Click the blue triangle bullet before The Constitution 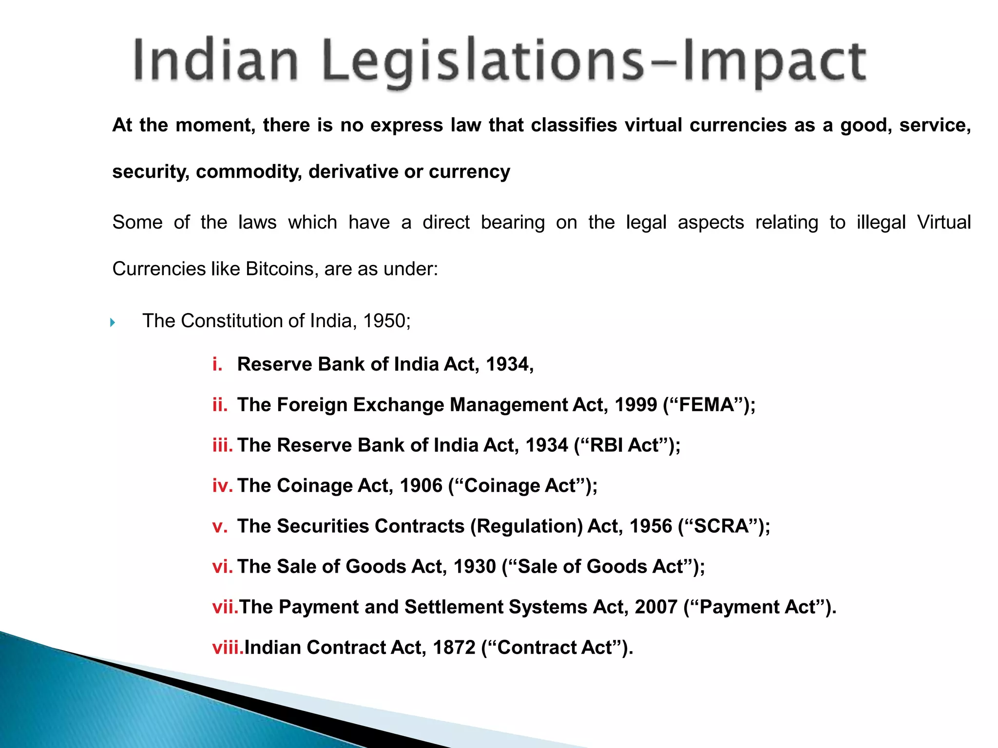(x=113, y=322)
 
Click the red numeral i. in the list (x=217, y=364)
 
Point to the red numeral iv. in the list (x=222, y=486)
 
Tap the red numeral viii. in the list (x=228, y=647)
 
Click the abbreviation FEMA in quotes (x=707, y=405)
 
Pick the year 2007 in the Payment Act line (x=656, y=607)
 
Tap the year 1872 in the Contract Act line (x=454, y=647)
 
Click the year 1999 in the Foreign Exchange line (x=636, y=405)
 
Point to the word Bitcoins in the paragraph (x=280, y=269)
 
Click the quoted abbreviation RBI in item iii (x=606, y=445)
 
